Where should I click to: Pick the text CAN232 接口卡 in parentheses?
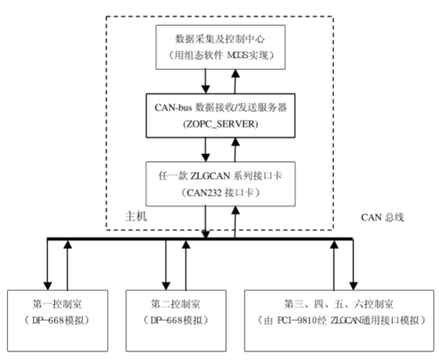(220, 189)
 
